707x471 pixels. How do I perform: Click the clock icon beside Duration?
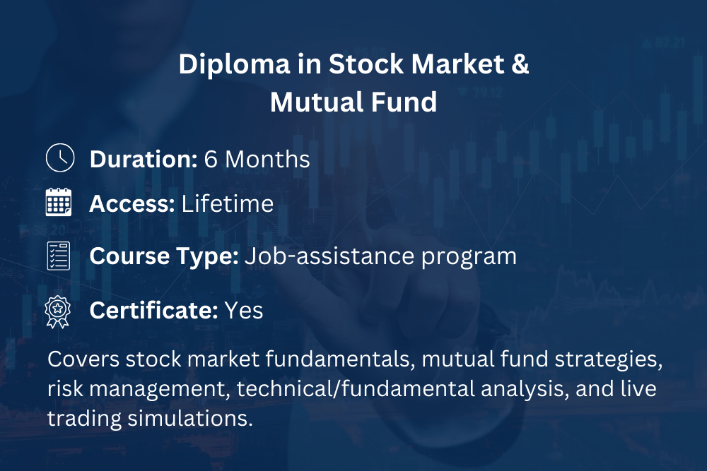60,157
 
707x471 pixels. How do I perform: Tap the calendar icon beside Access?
59,202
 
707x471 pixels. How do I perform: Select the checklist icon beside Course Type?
59,256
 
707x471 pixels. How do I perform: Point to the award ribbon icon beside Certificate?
58,311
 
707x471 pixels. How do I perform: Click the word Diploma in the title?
234,65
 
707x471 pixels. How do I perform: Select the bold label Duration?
144,160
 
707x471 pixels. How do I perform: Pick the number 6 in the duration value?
211,160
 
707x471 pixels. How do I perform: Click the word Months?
267,160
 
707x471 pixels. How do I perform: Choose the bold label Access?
132,204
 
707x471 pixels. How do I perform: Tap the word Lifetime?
228,203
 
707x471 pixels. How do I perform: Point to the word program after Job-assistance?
469,258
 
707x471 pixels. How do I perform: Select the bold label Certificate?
153,310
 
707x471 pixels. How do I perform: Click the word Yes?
244,311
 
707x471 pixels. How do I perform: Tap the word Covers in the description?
83,359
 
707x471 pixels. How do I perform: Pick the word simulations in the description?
190,418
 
